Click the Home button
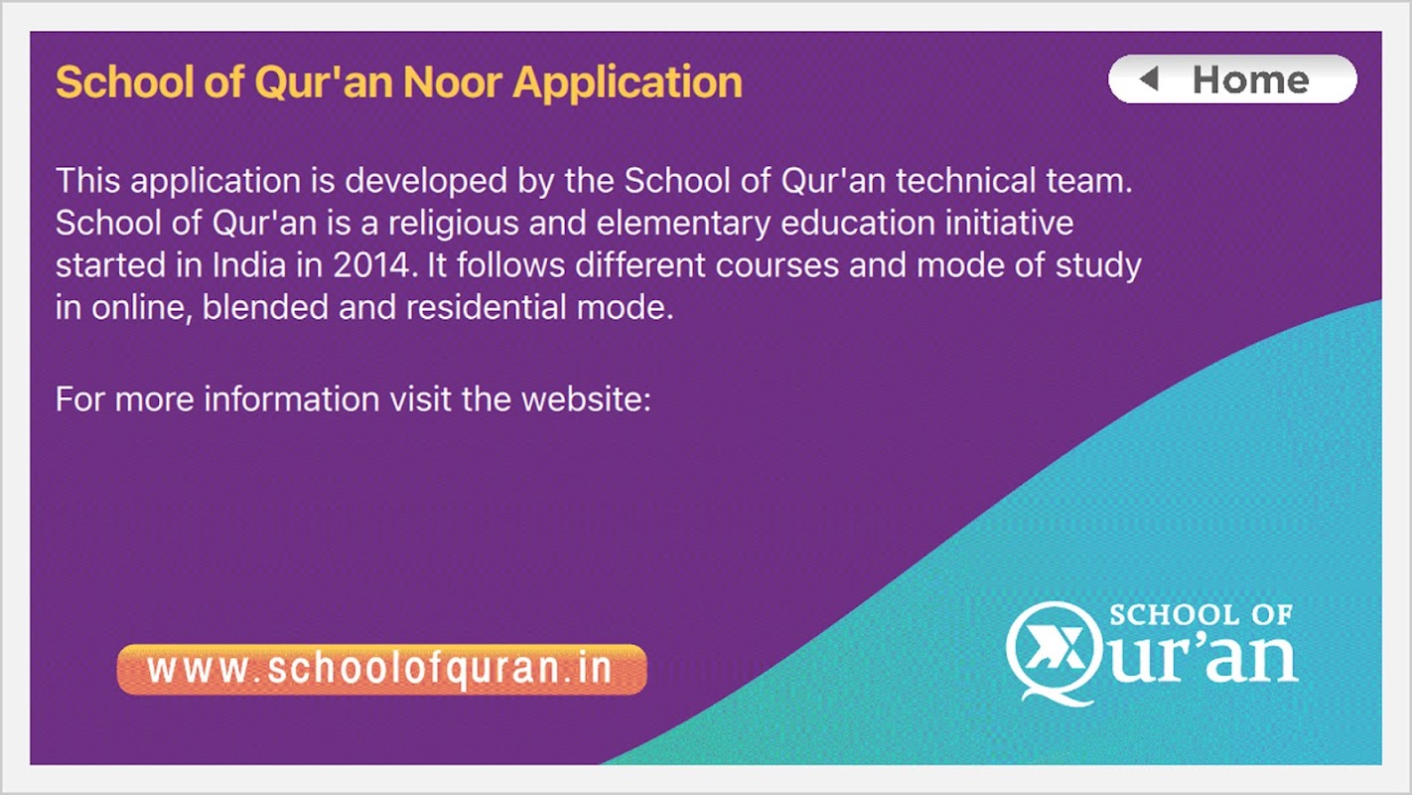pos(1232,79)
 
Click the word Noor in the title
pos(453,82)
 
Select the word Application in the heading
pos(628,83)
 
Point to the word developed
pos(426,182)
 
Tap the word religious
pos(453,224)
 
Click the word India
pos(249,265)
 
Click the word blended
pos(265,308)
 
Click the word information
pos(292,399)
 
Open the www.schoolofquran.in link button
pos(382,670)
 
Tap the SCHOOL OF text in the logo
pos(1201,615)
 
